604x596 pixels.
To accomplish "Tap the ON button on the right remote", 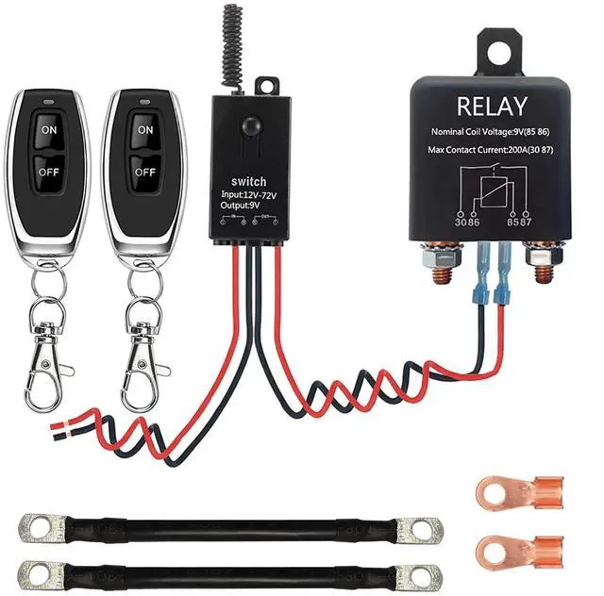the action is point(144,129).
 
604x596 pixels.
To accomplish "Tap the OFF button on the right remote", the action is point(144,172).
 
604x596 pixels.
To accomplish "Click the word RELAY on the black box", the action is point(490,107).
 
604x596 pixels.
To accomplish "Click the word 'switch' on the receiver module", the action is point(248,182).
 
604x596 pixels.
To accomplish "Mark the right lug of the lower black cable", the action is point(416,574).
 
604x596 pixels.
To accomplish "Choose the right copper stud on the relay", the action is point(545,264).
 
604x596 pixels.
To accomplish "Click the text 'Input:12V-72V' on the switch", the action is point(248,196).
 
